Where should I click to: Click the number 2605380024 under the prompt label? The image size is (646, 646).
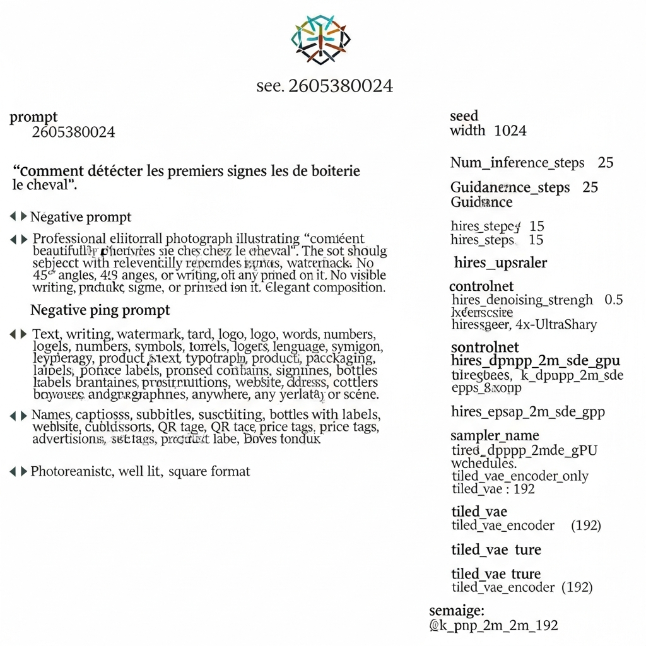pyautogui.click(x=73, y=132)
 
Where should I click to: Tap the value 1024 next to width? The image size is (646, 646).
pyautogui.click(x=510, y=131)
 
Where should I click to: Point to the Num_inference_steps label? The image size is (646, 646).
pyautogui.click(x=517, y=163)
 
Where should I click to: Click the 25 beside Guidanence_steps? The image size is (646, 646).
pyautogui.click(x=590, y=187)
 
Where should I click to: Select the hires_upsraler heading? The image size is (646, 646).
pyautogui.click(x=500, y=262)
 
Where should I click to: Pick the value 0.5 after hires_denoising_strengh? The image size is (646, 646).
pyautogui.click(x=614, y=300)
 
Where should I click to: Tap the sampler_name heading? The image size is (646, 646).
pyautogui.click(x=495, y=435)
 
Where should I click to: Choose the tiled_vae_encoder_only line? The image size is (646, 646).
pyautogui.click(x=520, y=476)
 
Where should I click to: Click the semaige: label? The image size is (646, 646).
pyautogui.click(x=457, y=610)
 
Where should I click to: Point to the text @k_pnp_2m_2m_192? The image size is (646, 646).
pyautogui.click(x=493, y=625)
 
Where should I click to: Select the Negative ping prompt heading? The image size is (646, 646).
pyautogui.click(x=100, y=310)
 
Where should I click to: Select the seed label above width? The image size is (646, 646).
pyautogui.click(x=464, y=116)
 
